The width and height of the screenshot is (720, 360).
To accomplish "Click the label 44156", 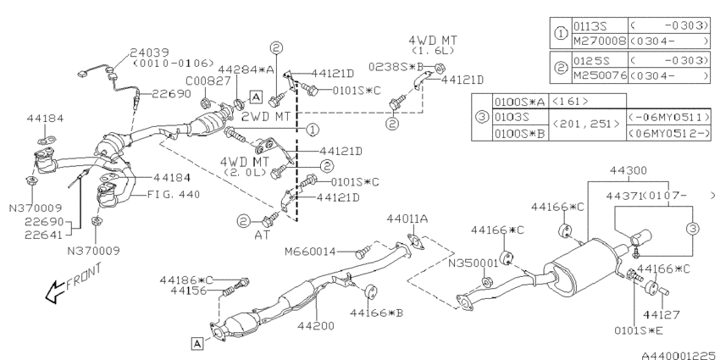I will [188, 290].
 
